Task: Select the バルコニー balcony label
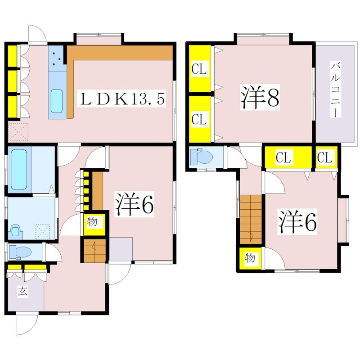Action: (335, 90)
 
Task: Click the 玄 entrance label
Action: (22, 291)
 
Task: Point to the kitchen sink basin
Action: (57, 101)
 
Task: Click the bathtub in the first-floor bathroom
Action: (20, 170)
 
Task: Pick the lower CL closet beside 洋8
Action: (199, 119)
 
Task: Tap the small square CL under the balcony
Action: (325, 157)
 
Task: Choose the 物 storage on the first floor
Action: (93, 222)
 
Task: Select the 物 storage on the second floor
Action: (250, 258)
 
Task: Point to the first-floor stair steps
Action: (94, 251)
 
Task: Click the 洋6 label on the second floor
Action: (297, 221)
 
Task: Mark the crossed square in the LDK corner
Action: (18, 132)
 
